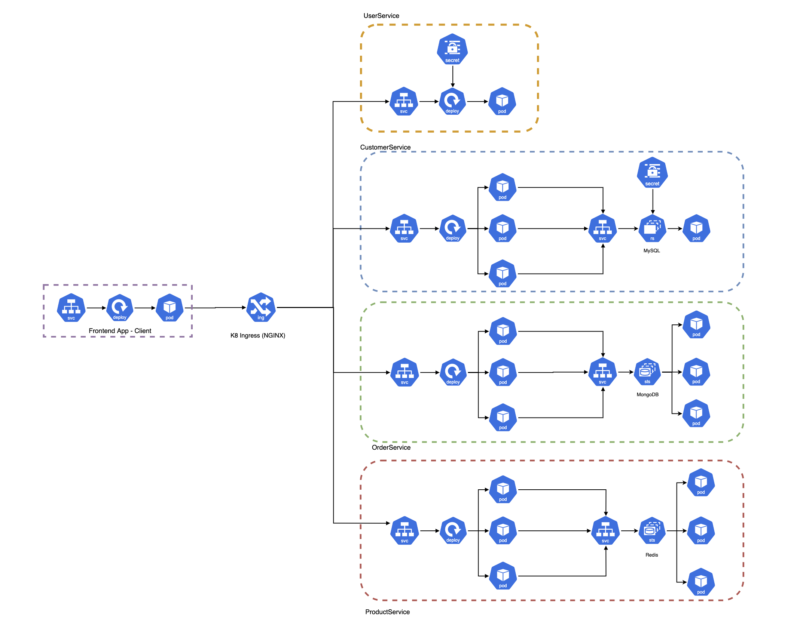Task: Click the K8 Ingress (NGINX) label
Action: pos(257,335)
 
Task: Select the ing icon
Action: pos(261,307)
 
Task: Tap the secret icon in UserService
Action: pos(452,49)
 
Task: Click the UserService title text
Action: pos(381,16)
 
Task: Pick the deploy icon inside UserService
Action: pos(452,101)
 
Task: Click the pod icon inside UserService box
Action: pos(502,101)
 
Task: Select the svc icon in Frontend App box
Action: pos(71,308)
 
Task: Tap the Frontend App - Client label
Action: pos(120,331)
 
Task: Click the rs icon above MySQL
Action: pos(652,228)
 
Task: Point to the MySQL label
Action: pos(651,250)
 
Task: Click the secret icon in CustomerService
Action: pos(652,173)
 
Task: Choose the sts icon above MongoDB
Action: pos(647,372)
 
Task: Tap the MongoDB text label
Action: pos(647,394)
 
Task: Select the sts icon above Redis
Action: pos(652,531)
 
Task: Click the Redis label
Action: pos(651,555)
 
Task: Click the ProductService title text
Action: pos(387,612)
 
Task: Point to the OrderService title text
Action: pos(391,447)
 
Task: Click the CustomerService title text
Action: pos(385,147)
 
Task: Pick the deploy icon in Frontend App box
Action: pos(120,308)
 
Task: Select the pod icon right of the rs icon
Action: pos(696,228)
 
